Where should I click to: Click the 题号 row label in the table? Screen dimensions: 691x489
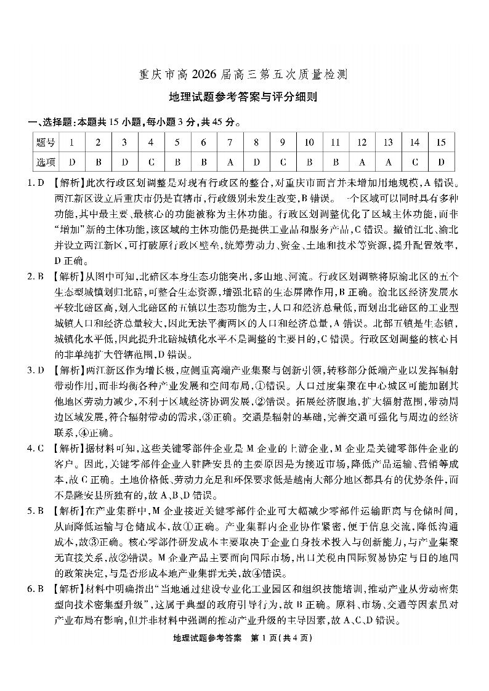coord(46,143)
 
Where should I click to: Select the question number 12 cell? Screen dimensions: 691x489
coord(362,143)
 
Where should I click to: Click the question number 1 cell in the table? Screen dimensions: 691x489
coord(72,143)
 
